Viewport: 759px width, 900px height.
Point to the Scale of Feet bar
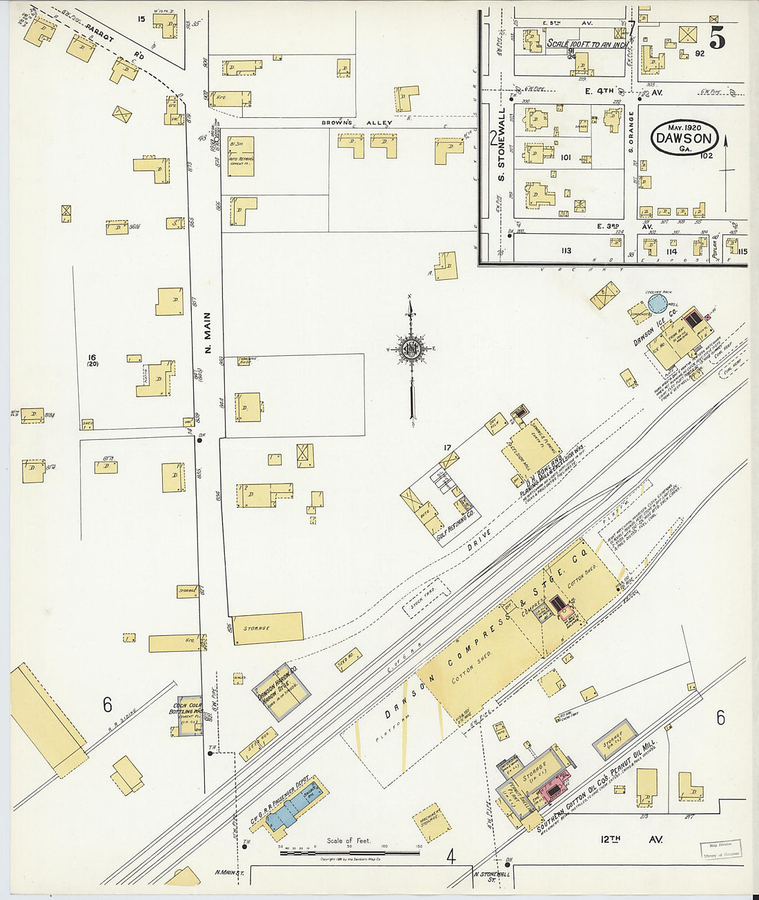pyautogui.click(x=349, y=852)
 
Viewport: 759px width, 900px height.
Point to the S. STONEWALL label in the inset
pyautogui.click(x=502, y=152)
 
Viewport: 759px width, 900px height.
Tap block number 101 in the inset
pyautogui.click(x=566, y=158)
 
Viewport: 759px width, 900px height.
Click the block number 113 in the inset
pyautogui.click(x=566, y=251)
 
